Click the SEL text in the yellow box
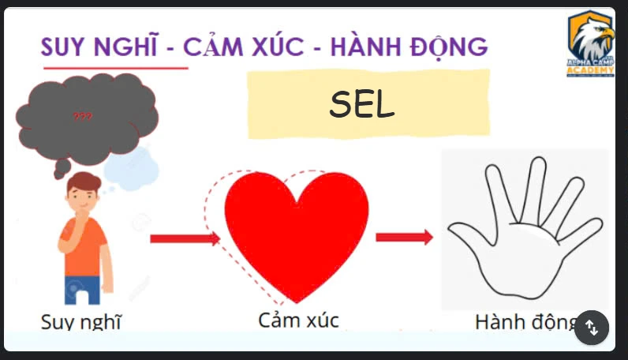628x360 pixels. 362,104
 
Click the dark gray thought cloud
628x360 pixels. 87,118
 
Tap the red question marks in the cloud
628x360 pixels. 82,117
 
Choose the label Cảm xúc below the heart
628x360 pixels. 298,320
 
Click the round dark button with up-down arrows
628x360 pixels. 592,326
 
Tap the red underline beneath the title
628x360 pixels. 115,68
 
